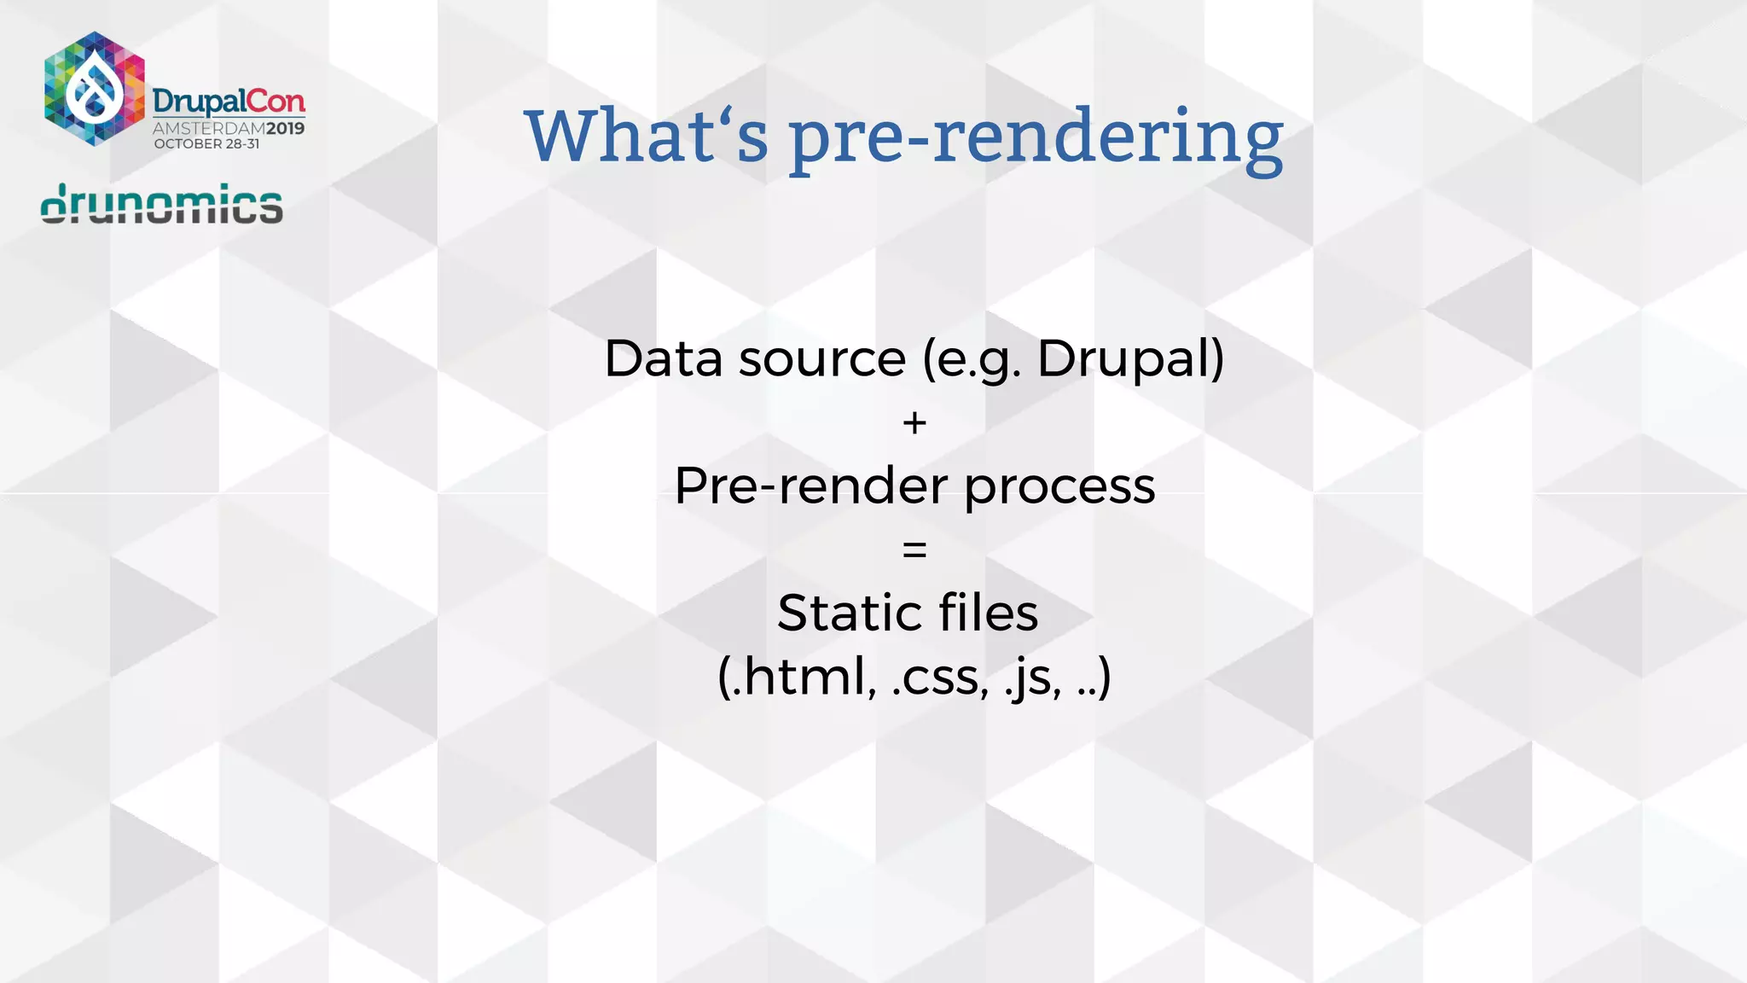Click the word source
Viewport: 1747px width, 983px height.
click(821, 359)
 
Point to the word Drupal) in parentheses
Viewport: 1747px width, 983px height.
click(1130, 359)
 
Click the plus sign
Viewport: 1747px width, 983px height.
click(914, 423)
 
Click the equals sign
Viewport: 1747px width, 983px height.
click(914, 550)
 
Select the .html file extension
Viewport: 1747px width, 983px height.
click(798, 678)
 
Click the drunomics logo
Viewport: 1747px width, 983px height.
click(162, 204)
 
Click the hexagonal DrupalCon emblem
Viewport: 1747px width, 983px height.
click(95, 89)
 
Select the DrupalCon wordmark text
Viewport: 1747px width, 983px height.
click(229, 102)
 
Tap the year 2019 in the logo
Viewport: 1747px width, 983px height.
click(285, 129)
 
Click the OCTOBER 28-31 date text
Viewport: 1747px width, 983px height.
click(206, 144)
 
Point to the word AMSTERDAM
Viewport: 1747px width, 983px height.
click(209, 129)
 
